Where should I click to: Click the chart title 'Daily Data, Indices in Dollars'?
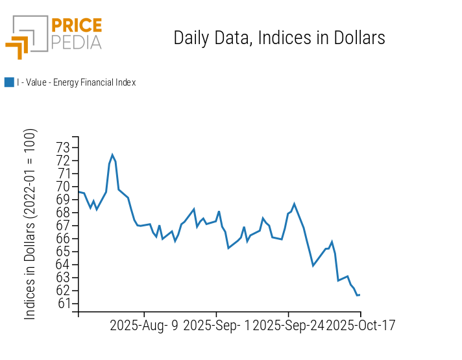click(279, 38)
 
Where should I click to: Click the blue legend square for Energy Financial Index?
click(9, 82)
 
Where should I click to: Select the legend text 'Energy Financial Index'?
click(76, 82)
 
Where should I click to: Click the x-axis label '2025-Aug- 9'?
click(144, 326)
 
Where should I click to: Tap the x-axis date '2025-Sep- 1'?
click(216, 326)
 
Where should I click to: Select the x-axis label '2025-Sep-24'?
click(288, 326)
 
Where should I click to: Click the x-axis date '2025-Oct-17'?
click(360, 326)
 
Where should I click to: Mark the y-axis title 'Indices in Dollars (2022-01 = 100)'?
click(30, 224)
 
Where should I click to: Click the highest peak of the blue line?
click(112, 154)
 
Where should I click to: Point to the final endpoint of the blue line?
click(359, 295)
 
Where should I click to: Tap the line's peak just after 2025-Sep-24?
click(295, 204)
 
